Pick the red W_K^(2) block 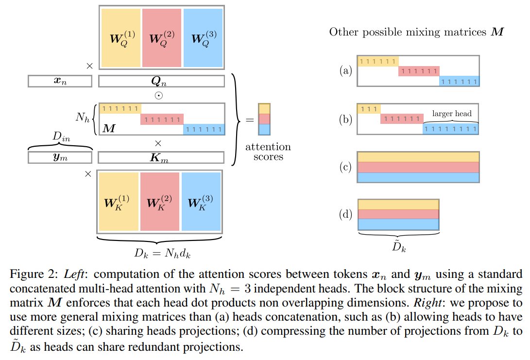pos(160,200)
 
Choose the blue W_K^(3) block pos(201,200)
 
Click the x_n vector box pos(60,81)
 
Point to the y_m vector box pos(60,157)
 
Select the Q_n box pos(161,81)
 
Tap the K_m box pos(161,157)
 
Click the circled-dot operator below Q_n pos(158,95)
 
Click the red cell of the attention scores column pos(264,119)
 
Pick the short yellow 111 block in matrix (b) pos(368,109)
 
